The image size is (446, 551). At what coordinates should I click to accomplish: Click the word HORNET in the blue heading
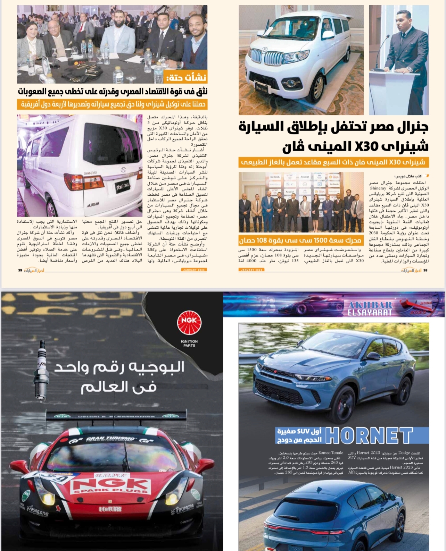(369, 435)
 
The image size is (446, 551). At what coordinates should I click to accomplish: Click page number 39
(20, 270)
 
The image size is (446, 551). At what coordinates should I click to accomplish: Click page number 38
(425, 270)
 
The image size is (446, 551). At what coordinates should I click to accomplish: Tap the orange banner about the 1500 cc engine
(300, 240)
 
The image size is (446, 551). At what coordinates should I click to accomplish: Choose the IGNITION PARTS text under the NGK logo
(189, 344)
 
